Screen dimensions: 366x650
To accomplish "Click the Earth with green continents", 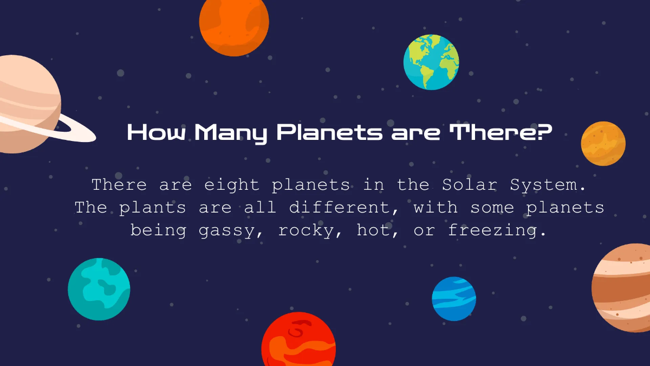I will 431,62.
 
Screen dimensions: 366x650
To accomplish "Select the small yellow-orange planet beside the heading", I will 603,143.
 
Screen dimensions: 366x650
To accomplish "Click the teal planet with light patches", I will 99,289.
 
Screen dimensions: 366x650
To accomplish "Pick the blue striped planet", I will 454,299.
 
